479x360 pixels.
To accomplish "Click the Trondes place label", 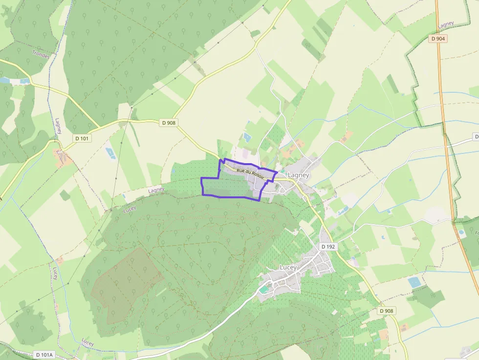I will point(41,54).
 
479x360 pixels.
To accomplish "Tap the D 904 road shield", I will point(438,38).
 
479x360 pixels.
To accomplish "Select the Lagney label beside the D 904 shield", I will point(445,25).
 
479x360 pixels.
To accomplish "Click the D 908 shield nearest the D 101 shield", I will point(168,123).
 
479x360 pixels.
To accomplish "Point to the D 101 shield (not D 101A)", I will point(82,138).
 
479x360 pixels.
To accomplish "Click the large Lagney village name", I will point(298,175).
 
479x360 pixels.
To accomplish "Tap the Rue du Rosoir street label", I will point(250,172).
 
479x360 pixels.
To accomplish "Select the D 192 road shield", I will point(328,247).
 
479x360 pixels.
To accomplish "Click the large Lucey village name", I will point(288,267).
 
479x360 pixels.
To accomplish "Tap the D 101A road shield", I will point(44,355).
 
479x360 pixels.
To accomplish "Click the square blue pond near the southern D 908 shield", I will point(414,282).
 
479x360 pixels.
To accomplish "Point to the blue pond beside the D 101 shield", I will point(110,153).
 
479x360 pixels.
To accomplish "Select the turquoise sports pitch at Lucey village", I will point(264,290).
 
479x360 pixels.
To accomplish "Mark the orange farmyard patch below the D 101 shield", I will point(63,159).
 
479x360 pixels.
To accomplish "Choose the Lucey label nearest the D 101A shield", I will point(87,342).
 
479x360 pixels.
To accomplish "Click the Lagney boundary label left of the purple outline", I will point(156,190).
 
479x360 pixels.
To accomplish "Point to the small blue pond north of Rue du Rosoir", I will point(247,138).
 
